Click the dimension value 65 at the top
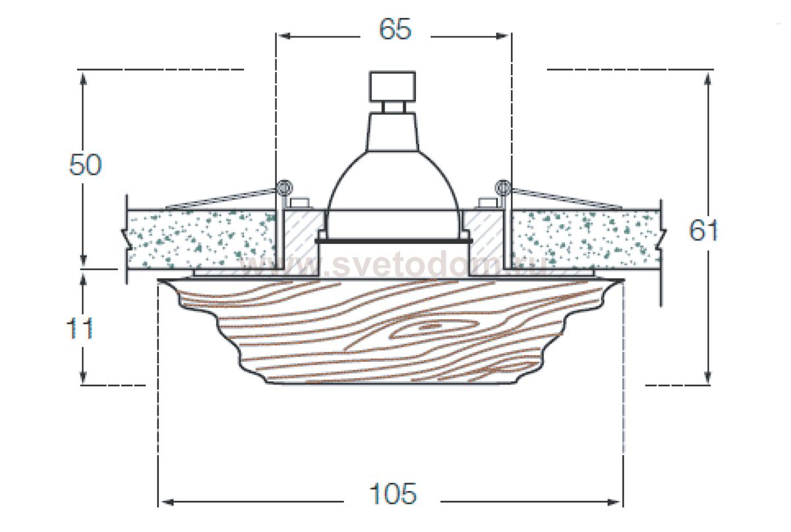pyautogui.click(x=394, y=30)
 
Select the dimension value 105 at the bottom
pyautogui.click(x=393, y=494)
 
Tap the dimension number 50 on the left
pyautogui.click(x=86, y=165)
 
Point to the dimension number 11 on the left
pyautogui.click(x=80, y=328)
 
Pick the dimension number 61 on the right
pyautogui.click(x=703, y=230)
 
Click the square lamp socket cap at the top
pyautogui.click(x=393, y=85)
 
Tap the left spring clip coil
pyautogui.click(x=283, y=187)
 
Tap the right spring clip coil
pyautogui.click(x=504, y=187)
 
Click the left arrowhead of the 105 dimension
pyautogui.click(x=165, y=502)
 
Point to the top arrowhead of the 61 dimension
pyautogui.click(x=708, y=76)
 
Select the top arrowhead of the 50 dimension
pyautogui.click(x=83, y=76)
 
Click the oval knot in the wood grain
pyautogui.click(x=432, y=326)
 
